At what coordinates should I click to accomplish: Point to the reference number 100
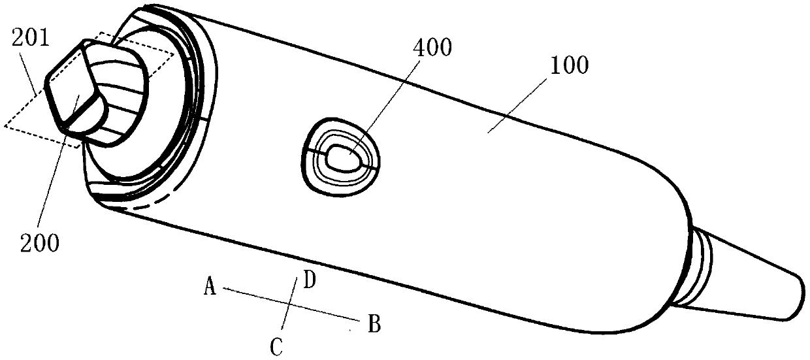(x=566, y=65)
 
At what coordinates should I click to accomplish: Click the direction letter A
(x=209, y=286)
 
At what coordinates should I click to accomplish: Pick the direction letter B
(x=374, y=323)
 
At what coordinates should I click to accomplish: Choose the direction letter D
(x=310, y=282)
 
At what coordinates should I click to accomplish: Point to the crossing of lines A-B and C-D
(x=288, y=304)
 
